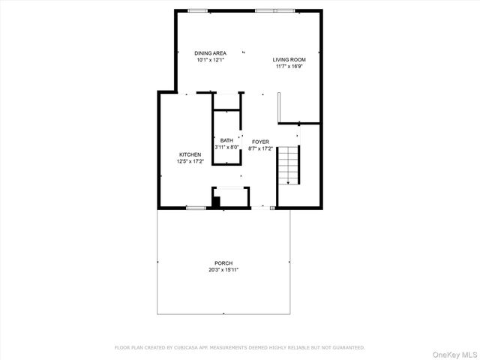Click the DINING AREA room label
tap(210, 53)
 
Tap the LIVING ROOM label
tap(289, 59)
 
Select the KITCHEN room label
tap(189, 154)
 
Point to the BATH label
tap(226, 141)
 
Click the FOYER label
tap(260, 142)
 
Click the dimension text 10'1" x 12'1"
tap(210, 60)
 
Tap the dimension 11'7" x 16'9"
tap(289, 66)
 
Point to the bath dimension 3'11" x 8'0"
tap(226, 148)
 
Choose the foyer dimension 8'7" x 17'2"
tap(260, 148)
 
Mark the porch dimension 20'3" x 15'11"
tap(224, 270)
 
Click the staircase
tap(288, 166)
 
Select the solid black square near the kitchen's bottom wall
tap(216, 200)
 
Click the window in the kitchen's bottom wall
tap(196, 208)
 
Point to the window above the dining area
tap(198, 10)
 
